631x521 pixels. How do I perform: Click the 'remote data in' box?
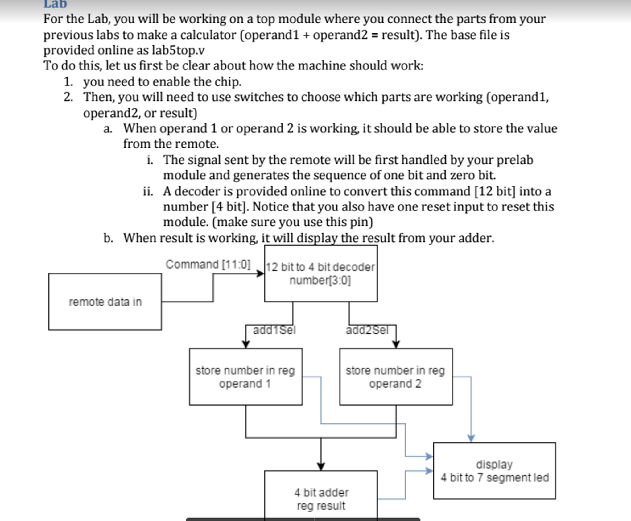tap(105, 302)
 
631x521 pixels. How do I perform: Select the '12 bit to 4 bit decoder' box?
tap(321, 273)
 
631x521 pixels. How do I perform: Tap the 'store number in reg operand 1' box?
tap(245, 377)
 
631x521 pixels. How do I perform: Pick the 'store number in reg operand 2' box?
tap(396, 377)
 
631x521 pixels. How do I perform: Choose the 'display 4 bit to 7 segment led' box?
tap(494, 471)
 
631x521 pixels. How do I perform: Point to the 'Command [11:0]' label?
tap(208, 265)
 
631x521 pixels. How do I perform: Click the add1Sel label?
tap(274, 330)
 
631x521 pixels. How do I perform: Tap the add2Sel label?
tap(367, 330)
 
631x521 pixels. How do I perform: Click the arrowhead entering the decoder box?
tap(261, 273)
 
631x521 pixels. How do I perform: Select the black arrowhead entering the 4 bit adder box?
tap(321, 466)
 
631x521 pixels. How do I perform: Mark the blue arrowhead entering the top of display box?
tap(471, 438)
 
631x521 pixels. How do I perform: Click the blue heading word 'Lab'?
tap(55, 4)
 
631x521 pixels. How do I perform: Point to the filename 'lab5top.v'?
tap(178, 50)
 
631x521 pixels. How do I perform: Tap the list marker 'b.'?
tap(108, 238)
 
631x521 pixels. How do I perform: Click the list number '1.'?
tap(68, 82)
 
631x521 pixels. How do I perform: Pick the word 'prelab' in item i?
tap(515, 160)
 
